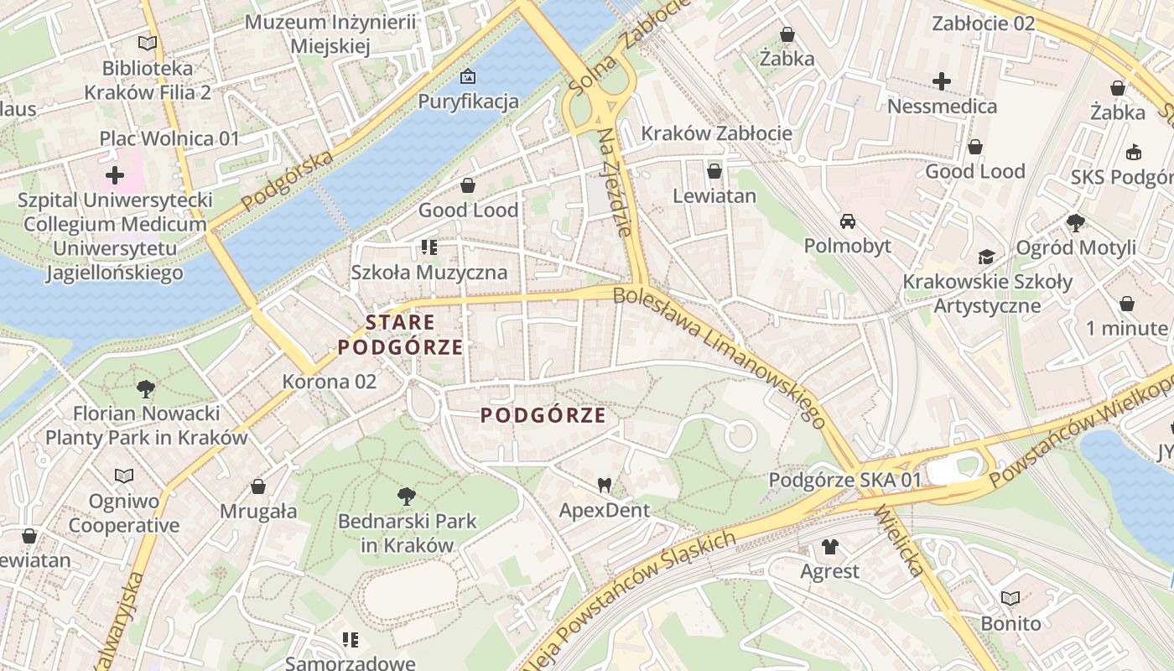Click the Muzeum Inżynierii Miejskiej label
(x=330, y=34)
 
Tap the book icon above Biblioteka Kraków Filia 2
(x=148, y=43)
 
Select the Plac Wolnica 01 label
(x=169, y=138)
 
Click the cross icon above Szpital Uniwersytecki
(x=115, y=175)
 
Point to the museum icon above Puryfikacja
(x=468, y=77)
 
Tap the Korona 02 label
(x=330, y=382)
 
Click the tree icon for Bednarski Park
(x=407, y=496)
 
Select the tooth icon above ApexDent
(x=603, y=485)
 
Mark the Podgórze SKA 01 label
(x=845, y=481)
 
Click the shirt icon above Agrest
(x=829, y=547)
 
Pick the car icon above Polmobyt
(x=848, y=221)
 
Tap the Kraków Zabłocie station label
(x=716, y=133)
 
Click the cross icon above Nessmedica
(x=942, y=81)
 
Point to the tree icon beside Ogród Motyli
(x=1076, y=222)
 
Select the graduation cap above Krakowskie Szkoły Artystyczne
(x=986, y=257)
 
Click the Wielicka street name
(x=898, y=540)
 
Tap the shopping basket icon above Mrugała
(x=258, y=486)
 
